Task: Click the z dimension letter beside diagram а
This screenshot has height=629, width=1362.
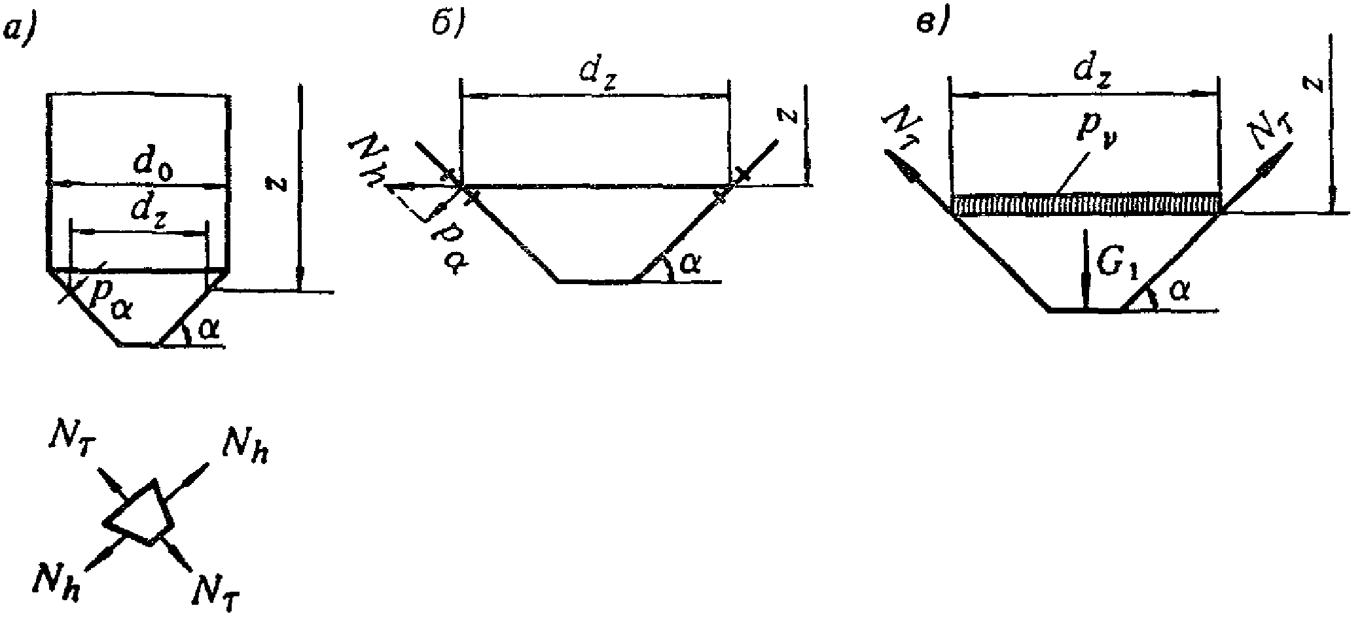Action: pyautogui.click(x=279, y=186)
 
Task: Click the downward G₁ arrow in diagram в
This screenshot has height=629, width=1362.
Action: pyautogui.click(x=1085, y=268)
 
